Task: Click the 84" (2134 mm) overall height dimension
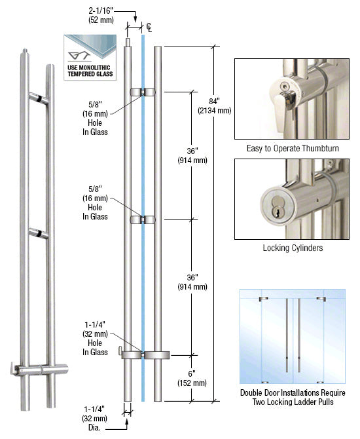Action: (215, 106)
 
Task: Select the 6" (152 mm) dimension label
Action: (192, 378)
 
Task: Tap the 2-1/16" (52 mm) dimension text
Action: (101, 16)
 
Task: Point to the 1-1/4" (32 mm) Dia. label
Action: (94, 418)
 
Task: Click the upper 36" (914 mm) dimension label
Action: (192, 156)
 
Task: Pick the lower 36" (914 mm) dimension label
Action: (192, 282)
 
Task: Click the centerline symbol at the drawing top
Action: (149, 27)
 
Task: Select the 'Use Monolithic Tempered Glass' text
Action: (90, 71)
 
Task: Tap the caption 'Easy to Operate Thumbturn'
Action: (293, 148)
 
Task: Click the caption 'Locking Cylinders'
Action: (293, 248)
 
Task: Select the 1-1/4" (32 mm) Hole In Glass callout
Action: (95, 338)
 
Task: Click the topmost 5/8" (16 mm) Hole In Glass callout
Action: (95, 118)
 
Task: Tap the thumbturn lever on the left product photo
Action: (14, 368)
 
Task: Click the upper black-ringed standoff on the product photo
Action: (39, 98)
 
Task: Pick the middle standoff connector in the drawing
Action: (143, 220)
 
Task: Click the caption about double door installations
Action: (293, 397)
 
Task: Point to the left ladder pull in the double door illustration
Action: (287, 335)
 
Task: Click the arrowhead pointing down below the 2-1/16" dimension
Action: (135, 19)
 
